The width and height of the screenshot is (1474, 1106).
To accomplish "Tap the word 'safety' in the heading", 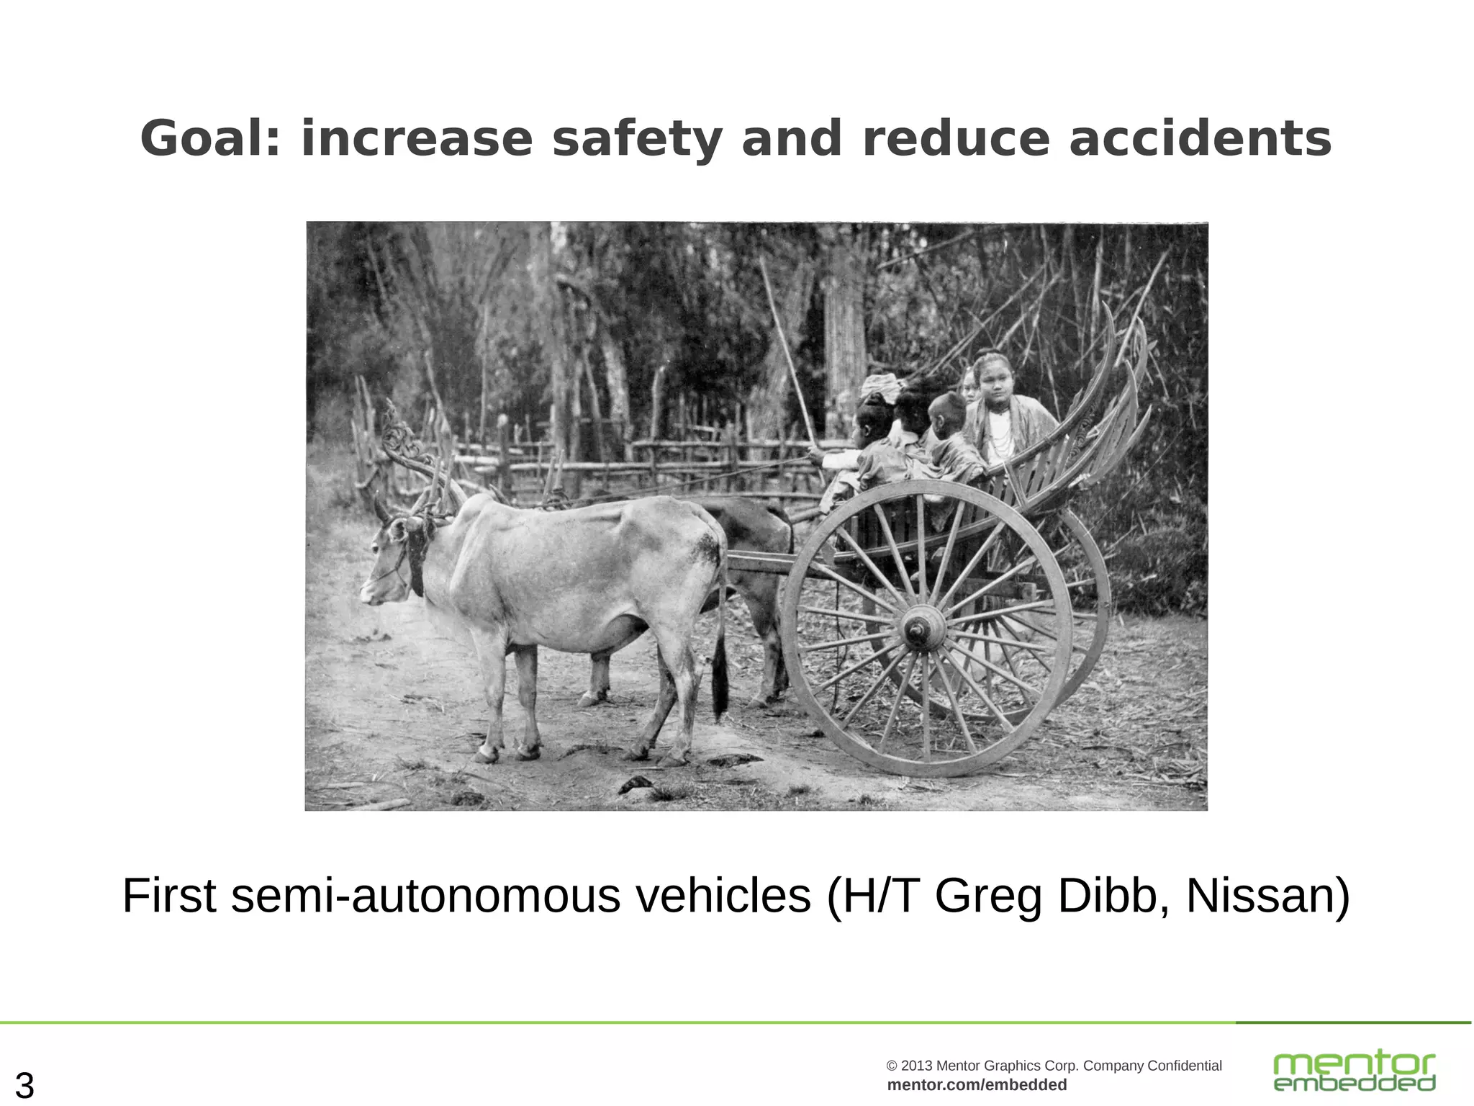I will pos(636,139).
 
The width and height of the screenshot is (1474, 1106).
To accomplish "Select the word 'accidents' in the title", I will pos(1200,139).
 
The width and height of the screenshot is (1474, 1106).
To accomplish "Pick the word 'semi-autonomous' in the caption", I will pos(425,896).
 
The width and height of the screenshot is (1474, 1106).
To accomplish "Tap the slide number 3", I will pos(24,1085).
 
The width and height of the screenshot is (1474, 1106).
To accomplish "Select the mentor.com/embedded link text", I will pos(977,1085).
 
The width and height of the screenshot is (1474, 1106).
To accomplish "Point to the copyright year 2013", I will pos(917,1066).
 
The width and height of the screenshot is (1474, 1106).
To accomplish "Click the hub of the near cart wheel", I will pos(923,629).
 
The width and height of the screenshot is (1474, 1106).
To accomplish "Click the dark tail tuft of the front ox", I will pos(720,680).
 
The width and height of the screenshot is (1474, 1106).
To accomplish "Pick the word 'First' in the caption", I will pos(169,896).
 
